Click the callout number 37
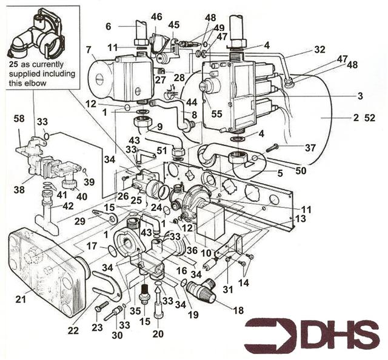310,148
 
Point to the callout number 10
205,252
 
